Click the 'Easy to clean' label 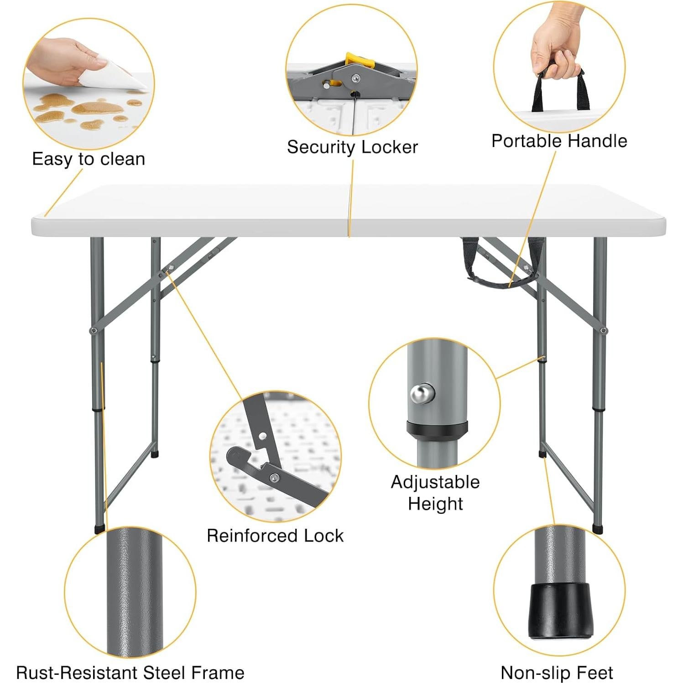coord(89,159)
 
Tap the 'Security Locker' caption coord(352,147)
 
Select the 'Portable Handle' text coord(559,141)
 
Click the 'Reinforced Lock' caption coord(275,536)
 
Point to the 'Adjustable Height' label coord(435,493)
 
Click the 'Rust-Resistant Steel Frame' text coord(130,673)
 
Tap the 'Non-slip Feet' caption coord(557,673)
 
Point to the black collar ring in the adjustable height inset coord(437,429)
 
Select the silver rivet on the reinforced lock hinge coord(274,478)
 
